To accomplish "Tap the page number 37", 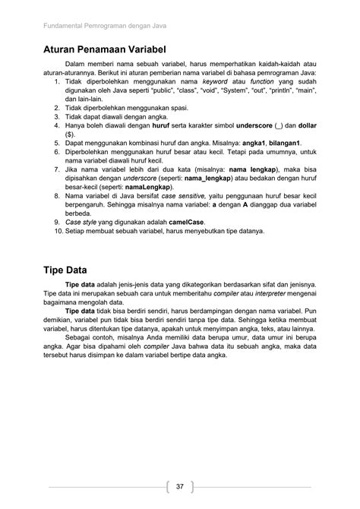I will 180,486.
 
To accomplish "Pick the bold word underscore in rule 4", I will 258,125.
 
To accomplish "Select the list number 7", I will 57,170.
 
